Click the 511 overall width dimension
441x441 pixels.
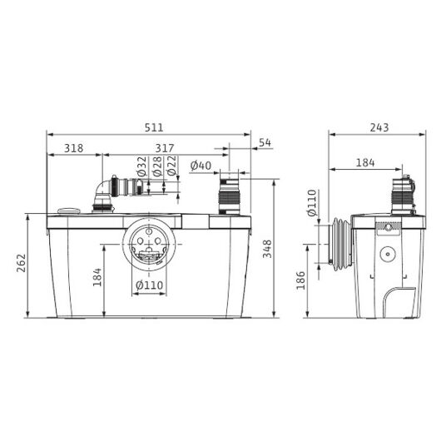click(154, 127)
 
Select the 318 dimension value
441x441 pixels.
click(74, 148)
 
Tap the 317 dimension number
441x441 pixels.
click(165, 148)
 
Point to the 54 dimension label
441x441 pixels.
click(265, 142)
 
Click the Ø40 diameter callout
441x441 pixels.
click(201, 166)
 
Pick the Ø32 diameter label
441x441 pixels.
click(142, 166)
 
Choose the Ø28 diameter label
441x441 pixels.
click(157, 166)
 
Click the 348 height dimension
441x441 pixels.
click(267, 249)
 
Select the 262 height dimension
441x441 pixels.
click(22, 263)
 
